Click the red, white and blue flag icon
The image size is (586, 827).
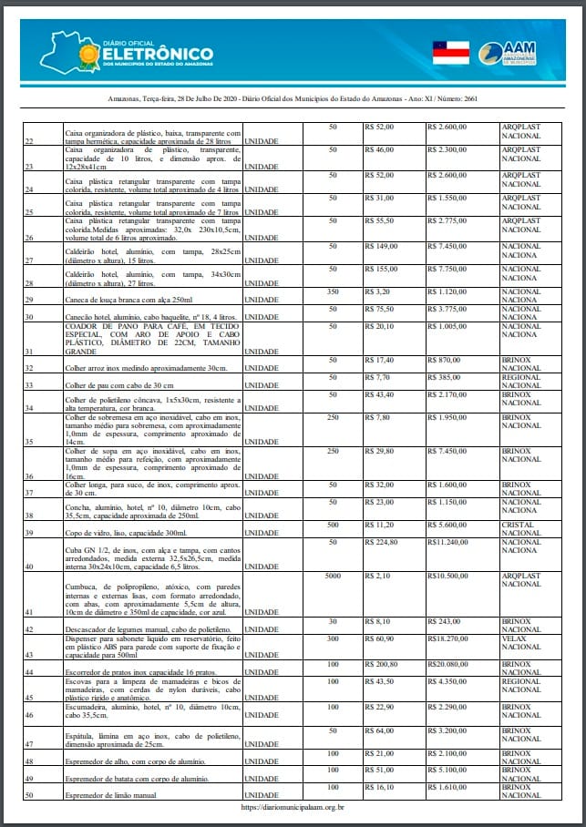(x=450, y=52)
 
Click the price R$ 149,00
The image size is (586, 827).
(x=384, y=246)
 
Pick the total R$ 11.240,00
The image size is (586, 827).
(x=451, y=541)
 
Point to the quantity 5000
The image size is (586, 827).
(x=333, y=577)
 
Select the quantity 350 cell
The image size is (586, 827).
(x=333, y=291)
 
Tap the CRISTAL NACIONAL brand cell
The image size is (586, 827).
(x=520, y=529)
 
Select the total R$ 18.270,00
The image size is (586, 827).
(x=452, y=640)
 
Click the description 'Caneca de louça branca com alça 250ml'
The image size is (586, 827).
(x=129, y=299)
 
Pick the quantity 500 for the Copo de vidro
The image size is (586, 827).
(x=333, y=525)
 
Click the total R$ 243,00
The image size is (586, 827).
(x=446, y=622)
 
